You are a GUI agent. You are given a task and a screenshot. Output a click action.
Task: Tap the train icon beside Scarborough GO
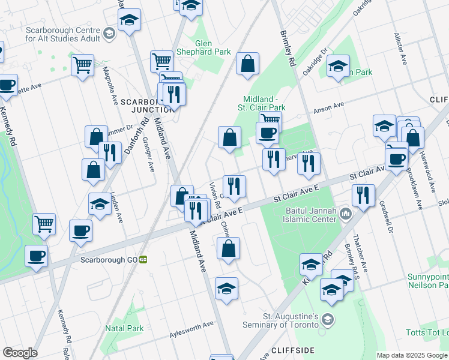tap(143, 260)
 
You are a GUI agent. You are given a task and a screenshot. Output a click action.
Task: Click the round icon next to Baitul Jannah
tap(346, 214)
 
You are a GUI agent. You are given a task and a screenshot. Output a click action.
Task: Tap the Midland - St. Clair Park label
tap(264, 103)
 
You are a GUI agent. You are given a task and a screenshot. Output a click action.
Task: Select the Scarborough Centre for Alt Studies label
tap(63, 34)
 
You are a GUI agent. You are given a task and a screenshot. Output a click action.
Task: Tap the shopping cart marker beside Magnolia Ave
tap(82, 64)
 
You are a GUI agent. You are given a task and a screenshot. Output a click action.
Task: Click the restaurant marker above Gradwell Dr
tap(363, 194)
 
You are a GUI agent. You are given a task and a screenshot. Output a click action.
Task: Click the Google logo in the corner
tap(20, 353)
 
